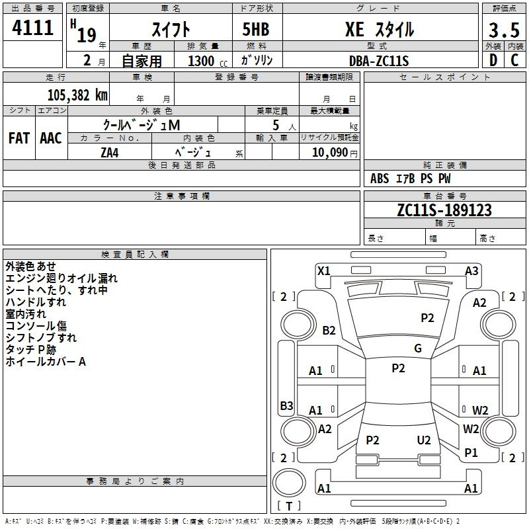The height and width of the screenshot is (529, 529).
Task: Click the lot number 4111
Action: click(x=32, y=28)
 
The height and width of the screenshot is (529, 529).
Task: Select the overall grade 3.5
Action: click(x=504, y=30)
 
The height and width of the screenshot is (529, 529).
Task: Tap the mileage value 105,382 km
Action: click(x=77, y=95)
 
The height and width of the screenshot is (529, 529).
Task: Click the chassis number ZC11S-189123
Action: click(x=444, y=210)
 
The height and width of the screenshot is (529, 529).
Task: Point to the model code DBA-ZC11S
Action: click(x=379, y=61)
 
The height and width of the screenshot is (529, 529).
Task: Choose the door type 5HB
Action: click(x=256, y=29)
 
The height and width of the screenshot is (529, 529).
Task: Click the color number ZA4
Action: click(x=110, y=153)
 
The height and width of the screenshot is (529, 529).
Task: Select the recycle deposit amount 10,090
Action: click(x=330, y=153)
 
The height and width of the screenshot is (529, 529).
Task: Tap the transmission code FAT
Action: click(x=19, y=138)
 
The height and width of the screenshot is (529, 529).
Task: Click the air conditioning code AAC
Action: click(x=51, y=138)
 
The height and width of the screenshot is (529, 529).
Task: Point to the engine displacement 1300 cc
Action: click(x=208, y=61)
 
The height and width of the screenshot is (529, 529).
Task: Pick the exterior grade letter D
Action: click(x=493, y=60)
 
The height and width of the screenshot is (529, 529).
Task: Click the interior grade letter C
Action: click(x=514, y=60)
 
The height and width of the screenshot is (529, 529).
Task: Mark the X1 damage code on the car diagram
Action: click(x=323, y=271)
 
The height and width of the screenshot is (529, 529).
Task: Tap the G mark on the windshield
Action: click(x=418, y=348)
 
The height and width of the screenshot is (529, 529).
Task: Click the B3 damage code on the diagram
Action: click(x=287, y=405)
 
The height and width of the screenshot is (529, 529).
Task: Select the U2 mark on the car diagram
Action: click(x=424, y=440)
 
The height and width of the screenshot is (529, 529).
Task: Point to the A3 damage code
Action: click(x=471, y=271)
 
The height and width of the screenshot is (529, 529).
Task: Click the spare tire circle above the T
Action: click(x=289, y=483)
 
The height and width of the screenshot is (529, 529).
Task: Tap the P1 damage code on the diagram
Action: click(x=471, y=453)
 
